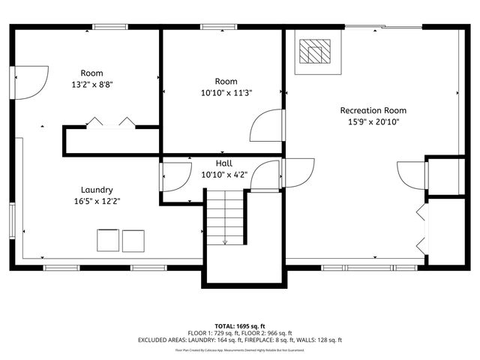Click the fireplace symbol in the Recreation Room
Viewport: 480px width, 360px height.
(313, 52)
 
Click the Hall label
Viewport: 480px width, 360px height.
(223, 163)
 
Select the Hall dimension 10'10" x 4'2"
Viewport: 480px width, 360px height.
(223, 174)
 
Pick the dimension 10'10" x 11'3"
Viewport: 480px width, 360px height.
(226, 93)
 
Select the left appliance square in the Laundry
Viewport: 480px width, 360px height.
(107, 241)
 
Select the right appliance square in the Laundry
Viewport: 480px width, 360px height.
(133, 241)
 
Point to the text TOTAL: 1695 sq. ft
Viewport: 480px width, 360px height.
(240, 326)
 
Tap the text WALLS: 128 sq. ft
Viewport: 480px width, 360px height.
(316, 340)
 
